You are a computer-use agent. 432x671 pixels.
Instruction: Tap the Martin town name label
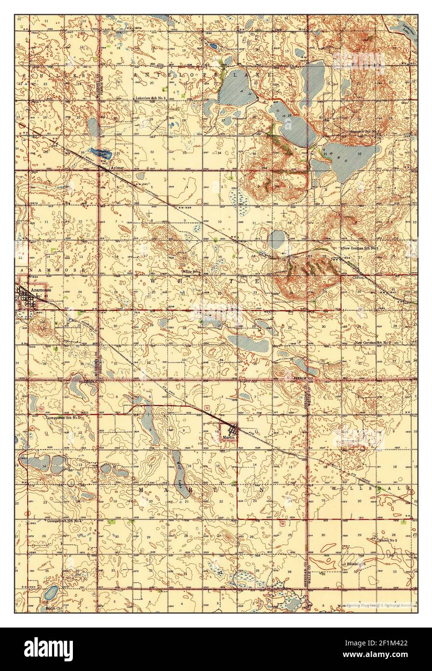click(x=228, y=436)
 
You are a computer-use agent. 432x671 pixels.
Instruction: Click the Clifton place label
click(x=358, y=278)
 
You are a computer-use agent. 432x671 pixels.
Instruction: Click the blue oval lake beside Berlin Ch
click(x=50, y=592)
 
